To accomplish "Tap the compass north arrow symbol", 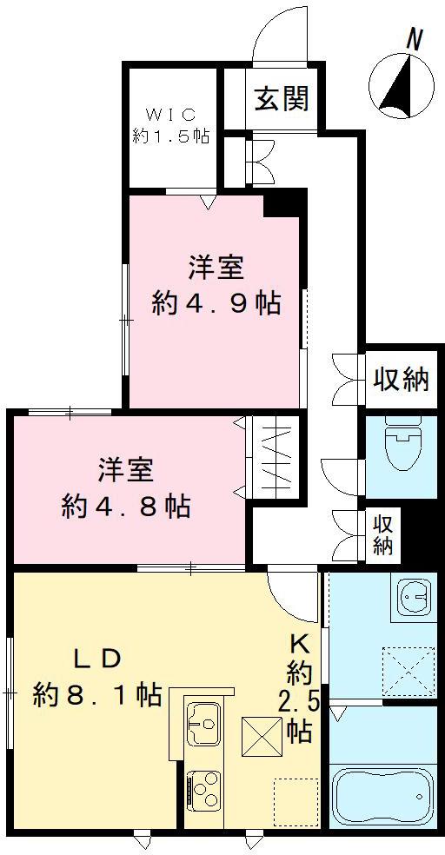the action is click(402, 86).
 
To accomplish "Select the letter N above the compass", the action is click(415, 39).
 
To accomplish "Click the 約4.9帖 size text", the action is click(216, 303).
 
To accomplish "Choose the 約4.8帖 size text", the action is click(126, 507).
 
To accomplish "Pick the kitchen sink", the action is click(203, 722).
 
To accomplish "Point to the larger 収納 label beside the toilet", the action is click(401, 379).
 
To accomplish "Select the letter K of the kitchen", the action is click(301, 646).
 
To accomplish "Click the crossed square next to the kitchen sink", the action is click(261, 736).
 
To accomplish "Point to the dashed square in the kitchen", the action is click(295, 800).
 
